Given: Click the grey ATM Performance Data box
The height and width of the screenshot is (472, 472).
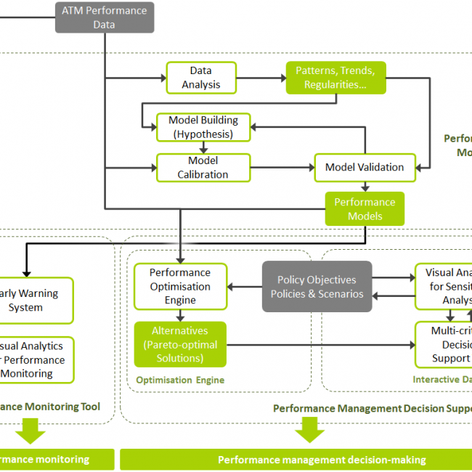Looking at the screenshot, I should [105, 17].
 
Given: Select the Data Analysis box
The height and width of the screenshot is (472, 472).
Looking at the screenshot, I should [201, 78].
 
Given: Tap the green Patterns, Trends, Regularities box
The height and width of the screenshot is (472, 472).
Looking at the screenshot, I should [335, 78].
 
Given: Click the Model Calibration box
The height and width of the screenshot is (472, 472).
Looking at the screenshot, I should [203, 167].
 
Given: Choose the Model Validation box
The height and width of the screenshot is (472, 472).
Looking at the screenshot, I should [365, 167].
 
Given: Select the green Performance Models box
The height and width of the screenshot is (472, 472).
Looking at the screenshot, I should [365, 209].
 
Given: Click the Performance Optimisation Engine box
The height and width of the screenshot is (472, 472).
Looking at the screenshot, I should [180, 286].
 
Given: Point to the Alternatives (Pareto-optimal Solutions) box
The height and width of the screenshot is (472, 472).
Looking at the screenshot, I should [180, 344].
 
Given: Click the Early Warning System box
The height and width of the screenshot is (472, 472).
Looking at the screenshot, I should [36, 300].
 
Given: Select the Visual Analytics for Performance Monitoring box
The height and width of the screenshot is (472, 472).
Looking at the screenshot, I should [36, 359].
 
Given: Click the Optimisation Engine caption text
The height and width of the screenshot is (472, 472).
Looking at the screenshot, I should [179, 380].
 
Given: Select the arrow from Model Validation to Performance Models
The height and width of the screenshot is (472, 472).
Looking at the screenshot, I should [365, 187].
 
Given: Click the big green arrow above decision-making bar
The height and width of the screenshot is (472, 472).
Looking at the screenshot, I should [310, 433].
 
